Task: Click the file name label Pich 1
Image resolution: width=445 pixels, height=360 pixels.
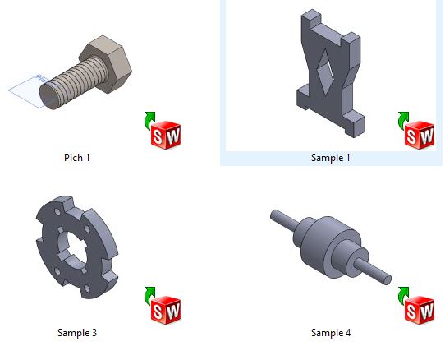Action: pos(77,158)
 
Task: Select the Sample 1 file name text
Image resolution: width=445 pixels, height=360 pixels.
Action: pos(331,158)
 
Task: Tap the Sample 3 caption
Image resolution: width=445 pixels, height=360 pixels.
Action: pos(77,332)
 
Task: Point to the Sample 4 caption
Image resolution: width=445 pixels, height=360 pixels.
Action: pos(331,332)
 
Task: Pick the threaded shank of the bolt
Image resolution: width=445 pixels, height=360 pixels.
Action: pos(76,81)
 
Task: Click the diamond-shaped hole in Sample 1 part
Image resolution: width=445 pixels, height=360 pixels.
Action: pos(325,72)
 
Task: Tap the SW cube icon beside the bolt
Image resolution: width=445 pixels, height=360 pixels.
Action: pos(166,135)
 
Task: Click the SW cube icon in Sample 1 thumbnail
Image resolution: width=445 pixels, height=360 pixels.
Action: pos(420,135)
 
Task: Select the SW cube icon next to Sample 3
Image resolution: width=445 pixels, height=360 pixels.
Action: pos(166,310)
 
